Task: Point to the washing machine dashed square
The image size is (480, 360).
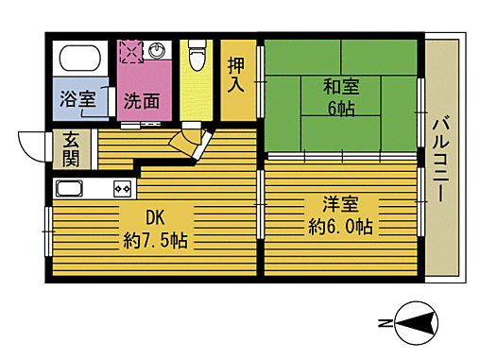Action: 130,49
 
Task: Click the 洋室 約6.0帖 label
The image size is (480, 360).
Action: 340,215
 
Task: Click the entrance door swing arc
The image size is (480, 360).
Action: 31,146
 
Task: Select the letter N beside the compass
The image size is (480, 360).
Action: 384,324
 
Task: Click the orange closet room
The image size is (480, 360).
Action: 237,80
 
